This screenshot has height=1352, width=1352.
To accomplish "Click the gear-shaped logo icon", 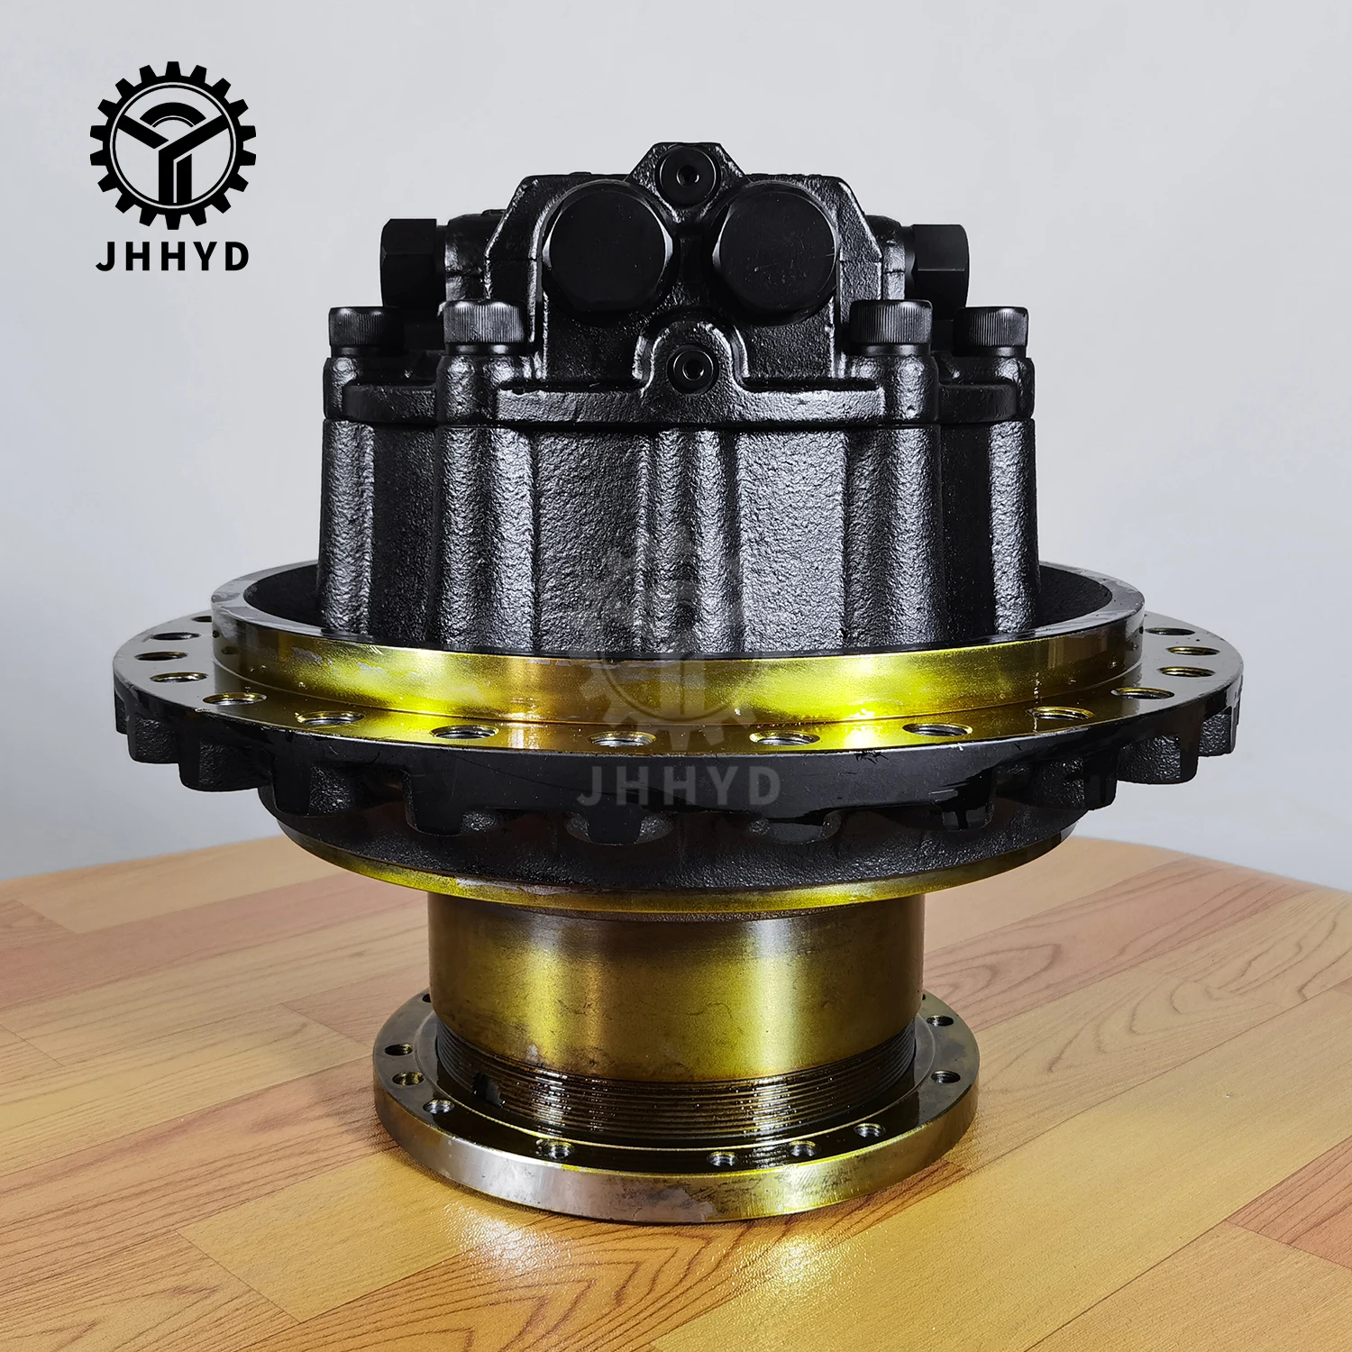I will click(x=172, y=144).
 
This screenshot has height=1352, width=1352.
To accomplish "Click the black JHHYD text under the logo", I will click(x=172, y=256).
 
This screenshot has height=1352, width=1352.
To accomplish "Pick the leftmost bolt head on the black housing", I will click(x=359, y=329).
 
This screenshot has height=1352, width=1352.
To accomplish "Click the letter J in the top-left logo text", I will click(x=106, y=256).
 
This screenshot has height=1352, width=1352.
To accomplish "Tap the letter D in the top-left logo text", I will click(x=236, y=256).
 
